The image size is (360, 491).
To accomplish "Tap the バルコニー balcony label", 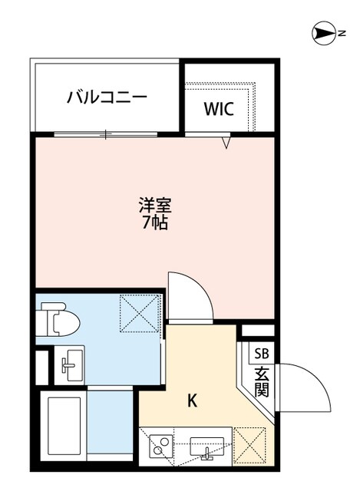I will [107, 97].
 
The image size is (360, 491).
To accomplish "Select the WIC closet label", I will [219, 108].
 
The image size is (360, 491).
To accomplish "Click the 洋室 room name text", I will [154, 206].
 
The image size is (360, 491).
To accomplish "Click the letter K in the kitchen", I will [193, 400].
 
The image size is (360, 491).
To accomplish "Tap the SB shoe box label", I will [263, 354].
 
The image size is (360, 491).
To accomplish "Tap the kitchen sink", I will [206, 447].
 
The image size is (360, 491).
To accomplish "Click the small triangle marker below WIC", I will [226, 143].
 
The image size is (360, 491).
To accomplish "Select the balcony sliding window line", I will [107, 135].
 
